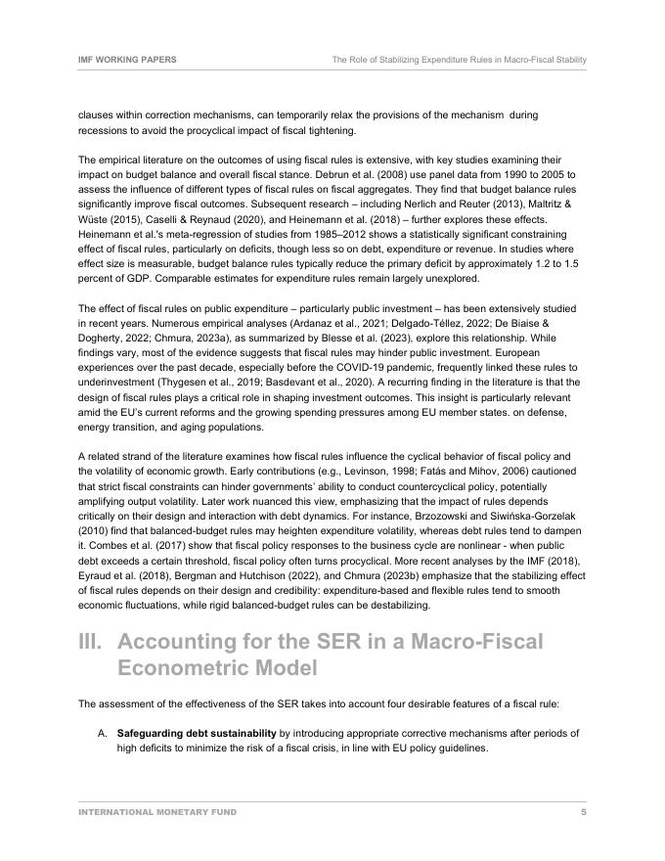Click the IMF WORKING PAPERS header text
coord(127,60)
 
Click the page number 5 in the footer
coord(584,812)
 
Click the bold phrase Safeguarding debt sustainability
coord(197,733)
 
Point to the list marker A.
coord(102,733)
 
